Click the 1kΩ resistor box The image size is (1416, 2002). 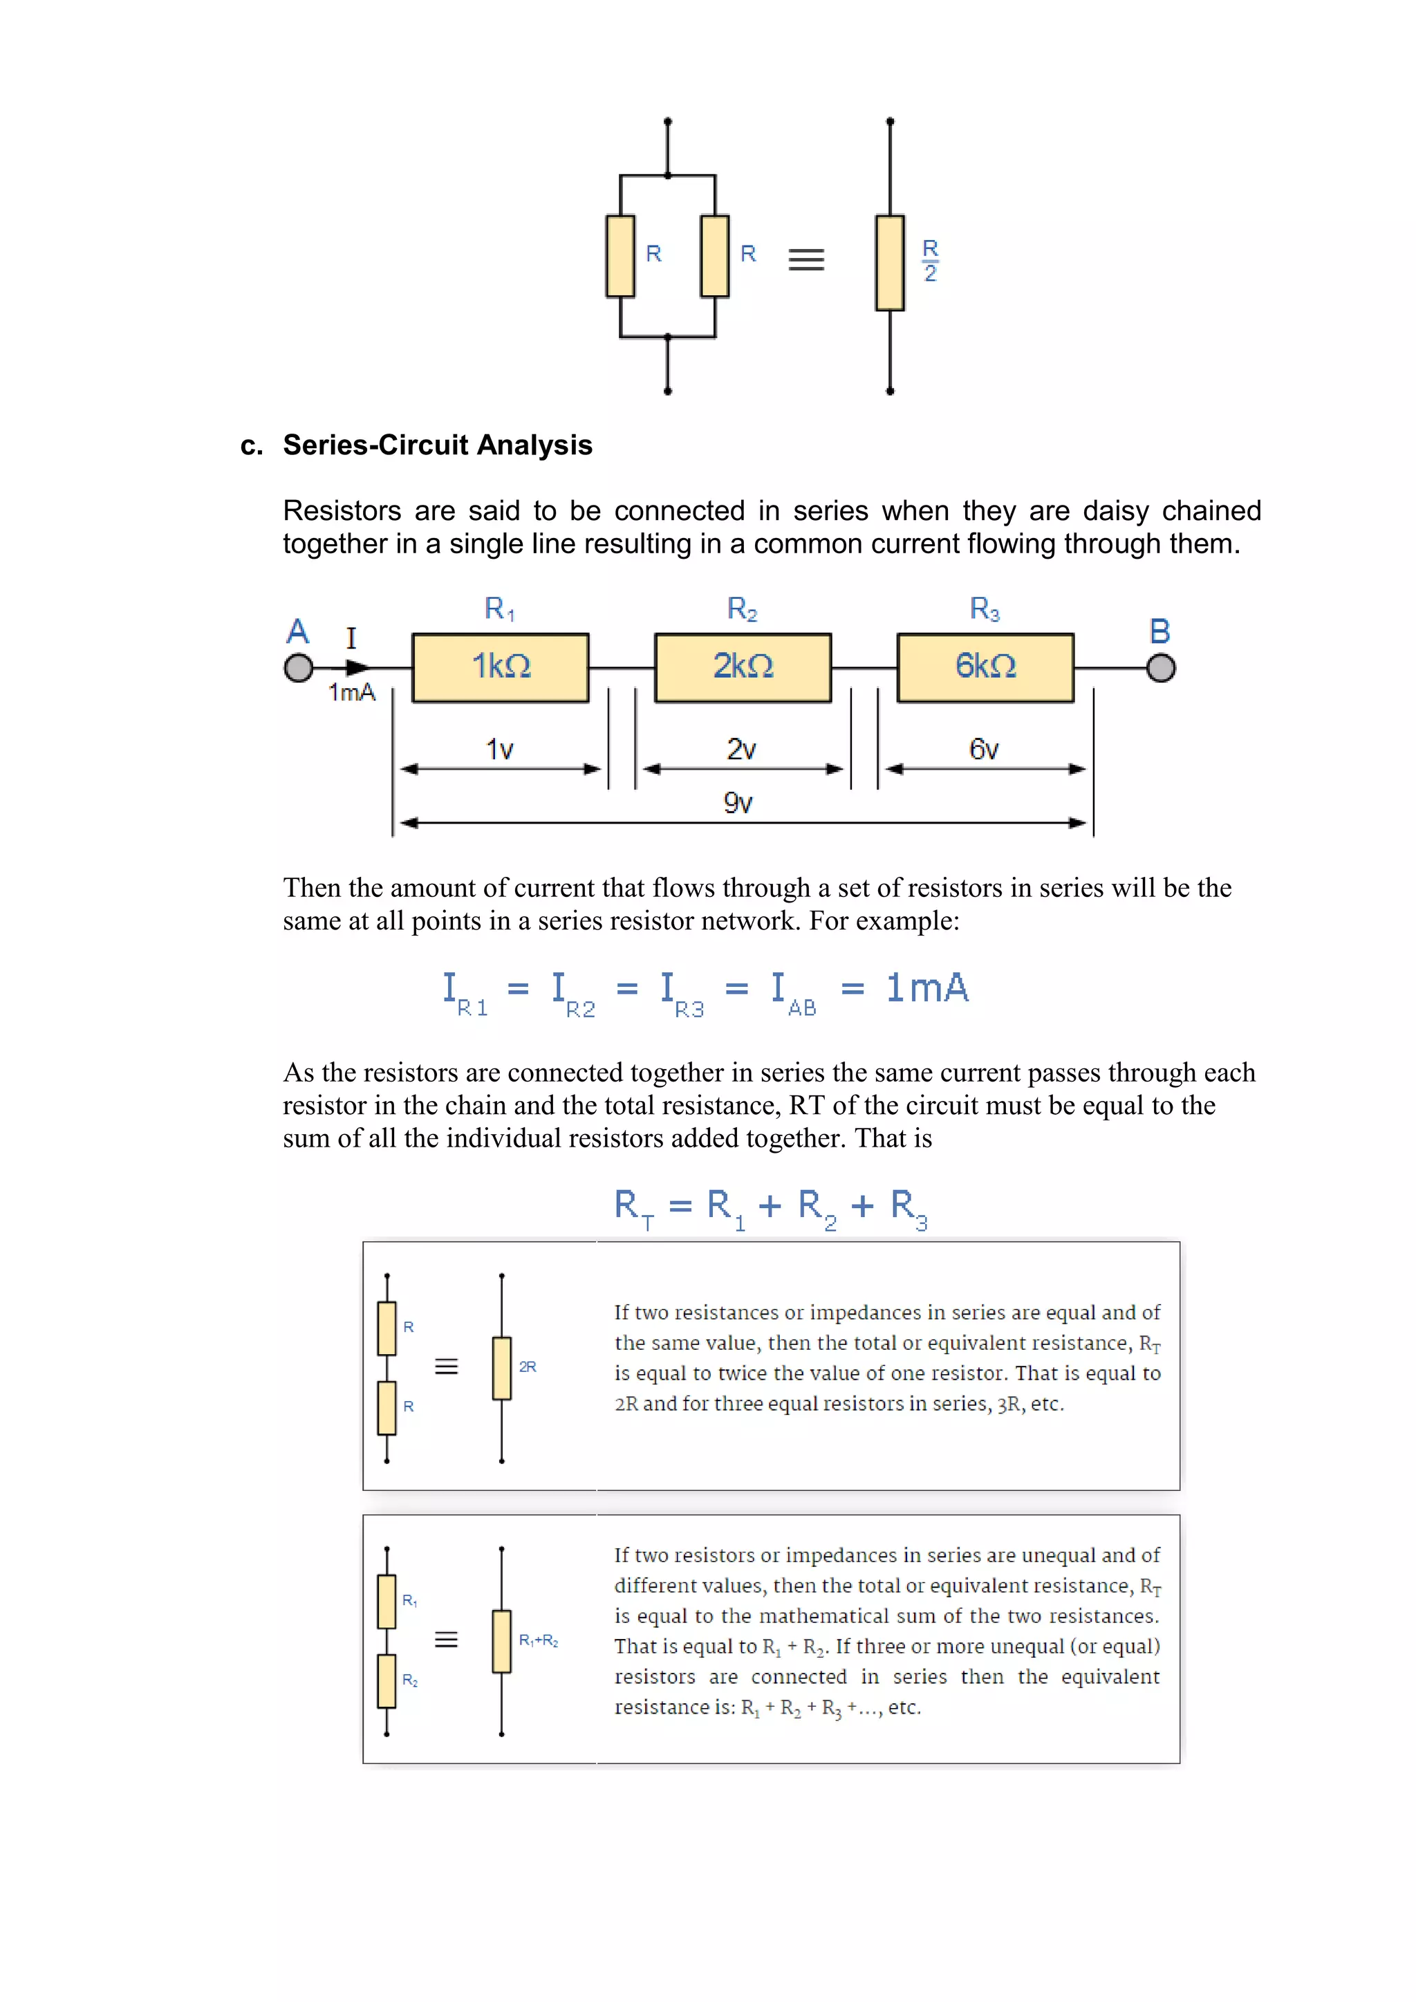click(501, 667)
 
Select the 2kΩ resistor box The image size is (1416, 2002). click(743, 667)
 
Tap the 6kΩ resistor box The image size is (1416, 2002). click(985, 667)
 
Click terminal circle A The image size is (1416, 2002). click(298, 668)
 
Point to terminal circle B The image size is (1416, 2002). click(1161, 668)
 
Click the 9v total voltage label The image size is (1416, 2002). click(738, 802)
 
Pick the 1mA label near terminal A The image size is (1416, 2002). click(351, 692)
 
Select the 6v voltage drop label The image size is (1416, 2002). click(984, 749)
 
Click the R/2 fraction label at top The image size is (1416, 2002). click(931, 260)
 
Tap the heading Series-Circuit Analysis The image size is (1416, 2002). click(437, 445)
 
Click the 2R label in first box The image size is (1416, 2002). click(528, 1366)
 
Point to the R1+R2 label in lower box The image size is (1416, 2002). click(538, 1640)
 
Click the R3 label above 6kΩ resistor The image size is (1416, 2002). click(985, 609)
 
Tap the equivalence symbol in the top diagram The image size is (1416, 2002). click(805, 260)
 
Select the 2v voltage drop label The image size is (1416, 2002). click(741, 749)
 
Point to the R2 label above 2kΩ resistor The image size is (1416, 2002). click(742, 609)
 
